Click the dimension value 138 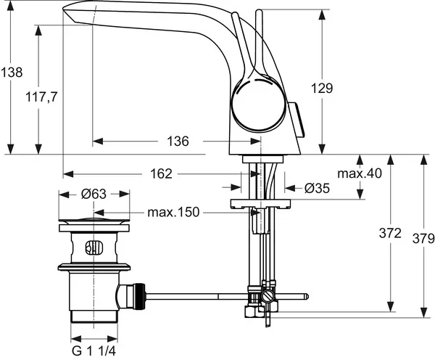12,73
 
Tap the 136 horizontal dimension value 177,141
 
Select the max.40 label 360,173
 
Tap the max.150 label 174,213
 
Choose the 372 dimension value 390,233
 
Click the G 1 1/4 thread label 95,351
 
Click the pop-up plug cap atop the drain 94,221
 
